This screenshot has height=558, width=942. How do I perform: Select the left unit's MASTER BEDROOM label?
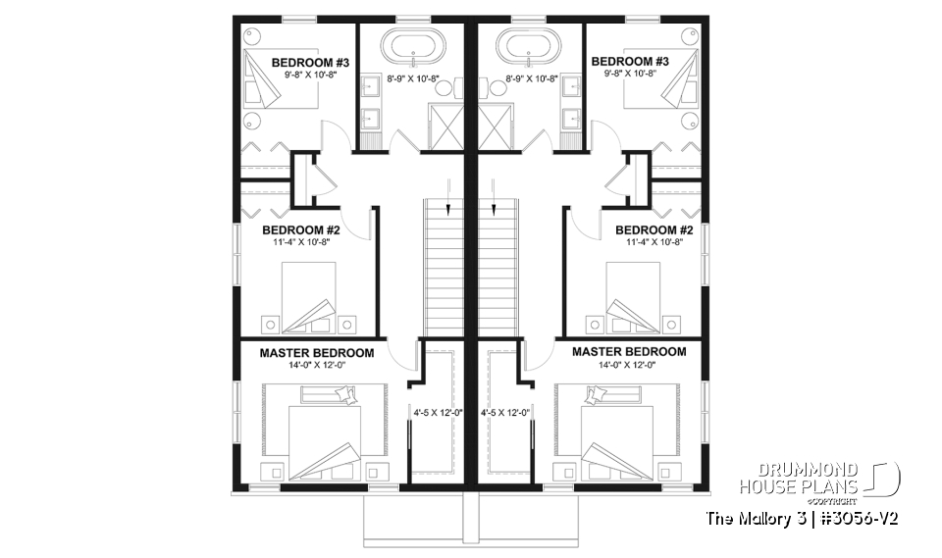tap(316, 352)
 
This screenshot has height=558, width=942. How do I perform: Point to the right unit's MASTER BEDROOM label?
tap(629, 351)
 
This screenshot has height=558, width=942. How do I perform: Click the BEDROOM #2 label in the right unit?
tap(648, 230)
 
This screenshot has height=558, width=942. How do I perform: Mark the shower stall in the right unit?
tap(498, 127)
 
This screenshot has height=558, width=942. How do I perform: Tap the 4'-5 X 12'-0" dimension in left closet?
tap(433, 413)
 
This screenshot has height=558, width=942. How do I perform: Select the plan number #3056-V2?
tap(852, 517)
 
